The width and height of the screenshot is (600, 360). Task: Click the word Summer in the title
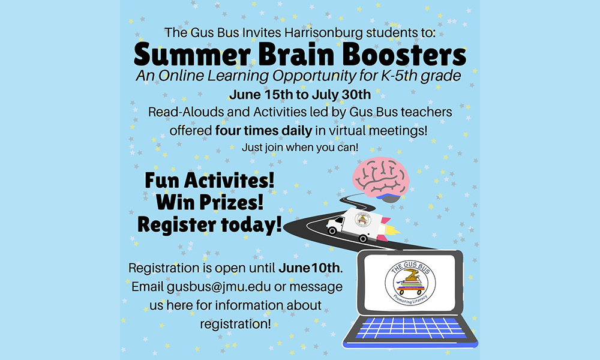click(x=192, y=55)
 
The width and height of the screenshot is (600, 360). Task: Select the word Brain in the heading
click(x=296, y=55)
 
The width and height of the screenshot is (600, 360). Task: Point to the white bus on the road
click(x=354, y=224)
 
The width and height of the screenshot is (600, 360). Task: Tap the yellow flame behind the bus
click(x=393, y=230)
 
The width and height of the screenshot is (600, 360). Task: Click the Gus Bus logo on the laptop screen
click(x=410, y=283)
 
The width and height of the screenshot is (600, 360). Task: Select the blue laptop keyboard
click(x=410, y=328)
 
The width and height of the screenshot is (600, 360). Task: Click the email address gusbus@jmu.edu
click(x=218, y=287)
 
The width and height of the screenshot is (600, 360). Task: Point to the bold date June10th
click(x=309, y=268)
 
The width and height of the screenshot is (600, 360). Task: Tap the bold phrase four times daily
click(x=263, y=130)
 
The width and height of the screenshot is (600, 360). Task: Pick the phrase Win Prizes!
click(x=209, y=202)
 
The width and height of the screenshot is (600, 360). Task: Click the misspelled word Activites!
click(x=229, y=180)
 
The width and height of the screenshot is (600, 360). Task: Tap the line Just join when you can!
click(x=300, y=147)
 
